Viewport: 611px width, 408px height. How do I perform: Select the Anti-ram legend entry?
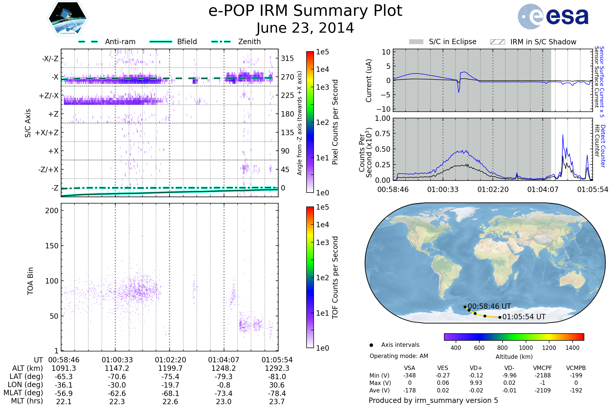click(107, 42)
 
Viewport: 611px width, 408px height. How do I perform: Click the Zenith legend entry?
click(236, 42)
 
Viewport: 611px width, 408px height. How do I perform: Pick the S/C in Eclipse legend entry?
click(443, 42)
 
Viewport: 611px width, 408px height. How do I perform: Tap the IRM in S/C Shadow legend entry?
click(533, 42)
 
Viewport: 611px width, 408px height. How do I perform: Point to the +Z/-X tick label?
click(49, 96)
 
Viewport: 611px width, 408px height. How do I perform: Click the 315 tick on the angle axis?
click(287, 58)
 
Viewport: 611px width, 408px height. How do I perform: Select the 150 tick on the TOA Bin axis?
click(52, 246)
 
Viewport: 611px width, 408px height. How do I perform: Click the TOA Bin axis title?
click(30, 281)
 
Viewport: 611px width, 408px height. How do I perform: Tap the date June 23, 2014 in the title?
click(305, 28)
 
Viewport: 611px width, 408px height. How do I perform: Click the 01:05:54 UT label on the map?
click(524, 317)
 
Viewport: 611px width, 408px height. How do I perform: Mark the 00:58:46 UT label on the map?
click(489, 306)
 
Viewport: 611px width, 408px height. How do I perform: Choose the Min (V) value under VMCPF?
click(543, 375)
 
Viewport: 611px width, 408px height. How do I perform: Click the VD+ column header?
click(476, 368)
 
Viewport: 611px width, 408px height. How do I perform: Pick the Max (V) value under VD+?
click(476, 383)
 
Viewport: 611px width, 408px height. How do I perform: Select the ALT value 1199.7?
click(170, 368)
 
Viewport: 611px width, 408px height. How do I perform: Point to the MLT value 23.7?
click(277, 401)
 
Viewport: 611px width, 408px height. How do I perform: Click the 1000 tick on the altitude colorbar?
click(525, 348)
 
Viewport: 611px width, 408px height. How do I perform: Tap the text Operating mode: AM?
click(399, 356)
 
